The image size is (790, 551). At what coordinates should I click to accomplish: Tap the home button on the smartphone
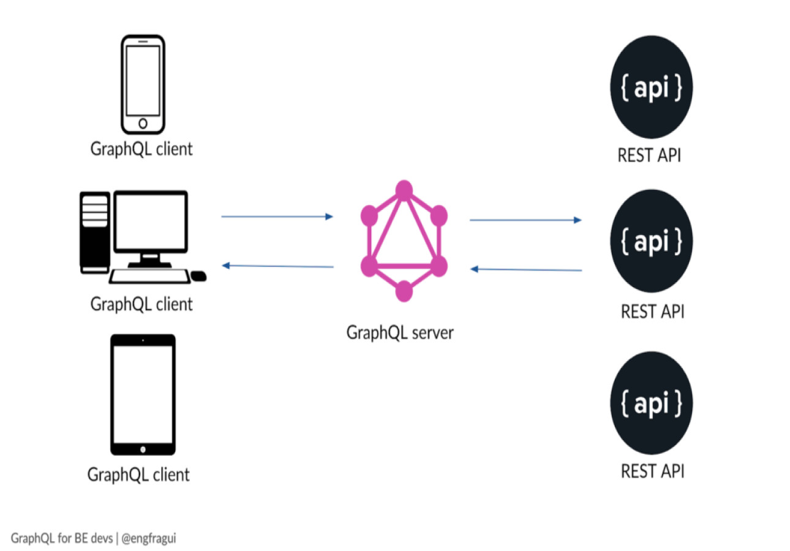click(143, 123)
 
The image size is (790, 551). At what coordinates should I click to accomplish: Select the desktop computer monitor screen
click(150, 222)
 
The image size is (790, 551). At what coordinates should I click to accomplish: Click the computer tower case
click(94, 232)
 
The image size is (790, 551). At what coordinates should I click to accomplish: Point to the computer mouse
click(198, 277)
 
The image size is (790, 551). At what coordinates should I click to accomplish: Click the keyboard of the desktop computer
click(150, 276)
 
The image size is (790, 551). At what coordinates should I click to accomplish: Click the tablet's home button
click(143, 449)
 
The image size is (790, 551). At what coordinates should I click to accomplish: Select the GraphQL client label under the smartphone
click(141, 149)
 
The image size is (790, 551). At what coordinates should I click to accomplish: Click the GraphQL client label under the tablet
click(138, 474)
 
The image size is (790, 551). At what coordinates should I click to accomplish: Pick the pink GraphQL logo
click(404, 240)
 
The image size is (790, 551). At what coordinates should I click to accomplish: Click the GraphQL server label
click(400, 333)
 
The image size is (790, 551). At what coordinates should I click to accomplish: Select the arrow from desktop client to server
click(277, 217)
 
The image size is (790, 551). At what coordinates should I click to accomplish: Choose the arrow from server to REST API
click(525, 220)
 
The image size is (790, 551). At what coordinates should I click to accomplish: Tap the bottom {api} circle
click(652, 402)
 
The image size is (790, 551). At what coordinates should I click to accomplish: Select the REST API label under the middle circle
click(652, 312)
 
